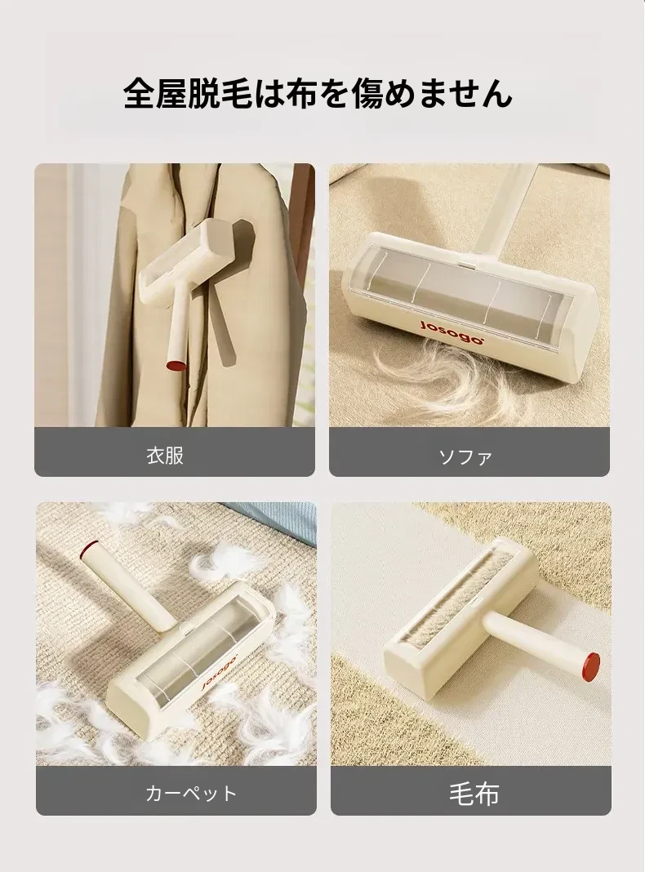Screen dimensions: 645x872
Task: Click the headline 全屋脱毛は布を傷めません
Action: tap(318, 93)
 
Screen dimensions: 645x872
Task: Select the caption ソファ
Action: tap(466, 457)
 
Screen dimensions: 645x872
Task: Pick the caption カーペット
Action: tap(191, 793)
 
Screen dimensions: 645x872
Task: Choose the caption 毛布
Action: tap(474, 794)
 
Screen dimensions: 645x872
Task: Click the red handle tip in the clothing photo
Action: tap(176, 366)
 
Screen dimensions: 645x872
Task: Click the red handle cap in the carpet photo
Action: tap(87, 550)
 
